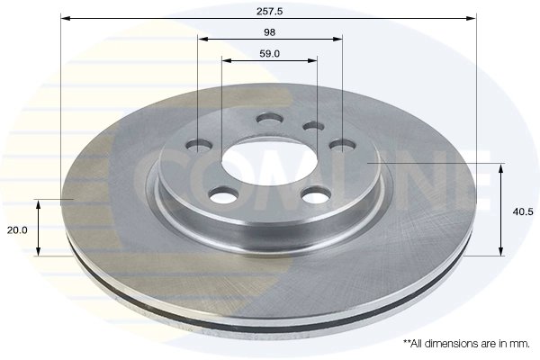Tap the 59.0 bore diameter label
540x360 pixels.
[270, 53]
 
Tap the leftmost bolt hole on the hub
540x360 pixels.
[199, 147]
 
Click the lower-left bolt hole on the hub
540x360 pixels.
[220, 195]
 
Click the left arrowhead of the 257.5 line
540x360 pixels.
[66, 17]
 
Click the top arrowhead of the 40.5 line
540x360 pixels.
[501, 166]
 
